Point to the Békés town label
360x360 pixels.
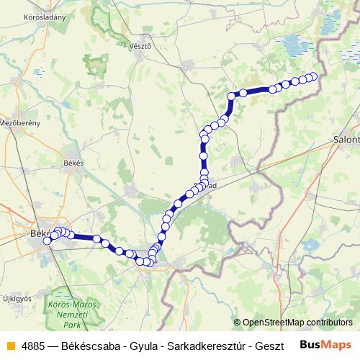[x=73, y=163]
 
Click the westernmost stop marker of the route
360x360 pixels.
[x=48, y=241]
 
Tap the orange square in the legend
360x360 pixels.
[x=9, y=345]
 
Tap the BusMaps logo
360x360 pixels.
[x=327, y=344]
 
